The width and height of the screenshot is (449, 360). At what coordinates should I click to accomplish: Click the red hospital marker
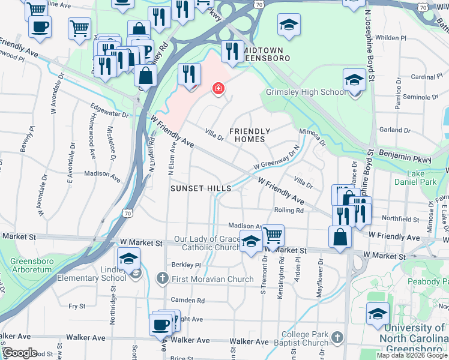(218, 89)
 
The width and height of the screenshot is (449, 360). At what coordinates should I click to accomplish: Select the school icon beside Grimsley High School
(354, 80)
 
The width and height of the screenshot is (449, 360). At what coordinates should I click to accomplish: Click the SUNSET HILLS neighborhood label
(200, 188)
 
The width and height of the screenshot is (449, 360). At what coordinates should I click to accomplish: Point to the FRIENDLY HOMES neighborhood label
(250, 135)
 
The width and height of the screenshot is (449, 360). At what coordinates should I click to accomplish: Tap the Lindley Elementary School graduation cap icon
(128, 260)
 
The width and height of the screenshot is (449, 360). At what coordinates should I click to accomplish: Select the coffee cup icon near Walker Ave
(160, 325)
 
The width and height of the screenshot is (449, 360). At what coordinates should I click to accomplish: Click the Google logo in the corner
(20, 353)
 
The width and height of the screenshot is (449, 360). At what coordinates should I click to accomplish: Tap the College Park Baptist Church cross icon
(338, 337)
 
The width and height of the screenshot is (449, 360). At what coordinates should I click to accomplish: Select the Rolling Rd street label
(289, 211)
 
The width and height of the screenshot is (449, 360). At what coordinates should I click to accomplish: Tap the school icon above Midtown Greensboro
(288, 25)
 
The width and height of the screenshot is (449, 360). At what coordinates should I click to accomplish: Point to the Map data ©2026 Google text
(411, 355)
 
